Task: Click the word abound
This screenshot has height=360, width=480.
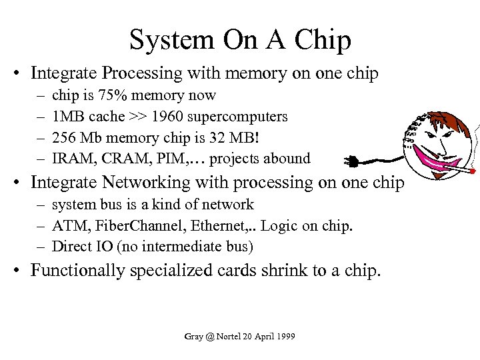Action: pos(287,159)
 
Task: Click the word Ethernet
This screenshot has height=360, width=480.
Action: pos(217,226)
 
